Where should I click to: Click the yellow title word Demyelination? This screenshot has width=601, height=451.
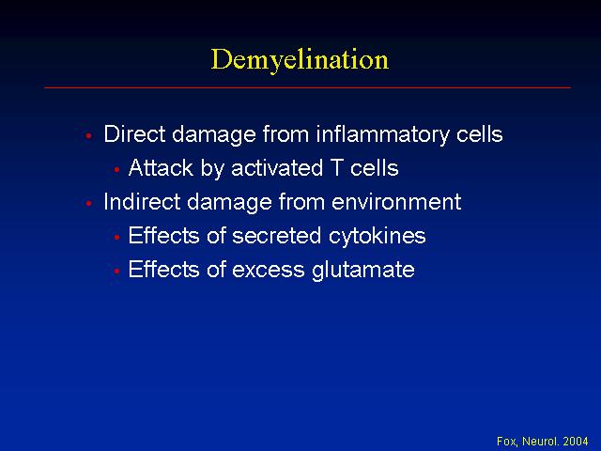pyautogui.click(x=300, y=60)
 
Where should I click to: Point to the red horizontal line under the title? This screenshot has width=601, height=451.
pyautogui.click(x=307, y=87)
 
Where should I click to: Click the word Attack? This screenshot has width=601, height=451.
pyautogui.click(x=161, y=168)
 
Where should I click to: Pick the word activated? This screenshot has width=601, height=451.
pyautogui.click(x=277, y=168)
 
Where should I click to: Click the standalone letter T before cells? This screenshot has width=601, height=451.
pyautogui.click(x=336, y=168)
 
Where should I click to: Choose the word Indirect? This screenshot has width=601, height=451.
pyautogui.click(x=142, y=202)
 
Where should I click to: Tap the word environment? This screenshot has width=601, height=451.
pyautogui.click(x=396, y=202)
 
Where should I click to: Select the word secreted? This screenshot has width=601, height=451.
pyautogui.click(x=277, y=236)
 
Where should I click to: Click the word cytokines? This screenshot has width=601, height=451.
pyautogui.click(x=378, y=236)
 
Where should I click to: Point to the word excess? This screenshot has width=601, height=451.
pyautogui.click(x=269, y=270)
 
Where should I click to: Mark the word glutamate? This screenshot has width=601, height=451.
pyautogui.click(x=363, y=271)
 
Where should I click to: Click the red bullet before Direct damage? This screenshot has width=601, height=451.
pyautogui.click(x=89, y=135)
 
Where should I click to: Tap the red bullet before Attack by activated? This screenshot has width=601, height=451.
pyautogui.click(x=116, y=169)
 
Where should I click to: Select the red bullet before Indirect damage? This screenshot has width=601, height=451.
pyautogui.click(x=89, y=203)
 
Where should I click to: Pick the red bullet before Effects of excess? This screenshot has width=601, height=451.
pyautogui.click(x=116, y=271)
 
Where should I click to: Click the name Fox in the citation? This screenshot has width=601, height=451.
pyautogui.click(x=507, y=442)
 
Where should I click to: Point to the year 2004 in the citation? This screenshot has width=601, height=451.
pyautogui.click(x=576, y=442)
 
